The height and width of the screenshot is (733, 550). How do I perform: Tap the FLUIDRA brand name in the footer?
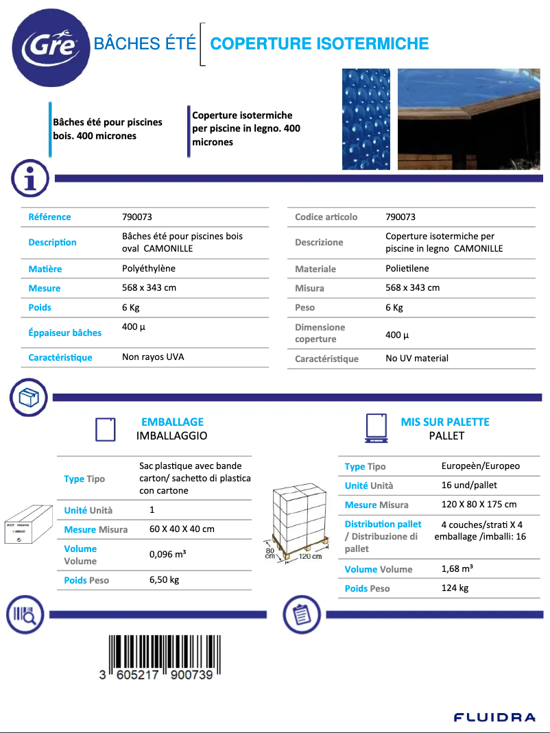pyautogui.click(x=494, y=717)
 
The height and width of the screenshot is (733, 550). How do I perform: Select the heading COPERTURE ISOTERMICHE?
pyautogui.click(x=319, y=44)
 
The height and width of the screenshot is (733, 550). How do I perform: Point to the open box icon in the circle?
pyautogui.click(x=28, y=397)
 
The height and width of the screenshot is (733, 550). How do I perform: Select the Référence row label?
pyautogui.click(x=49, y=217)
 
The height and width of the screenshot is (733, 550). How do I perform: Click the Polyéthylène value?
pyautogui.click(x=149, y=269)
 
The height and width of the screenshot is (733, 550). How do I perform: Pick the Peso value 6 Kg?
pyautogui.click(x=394, y=307)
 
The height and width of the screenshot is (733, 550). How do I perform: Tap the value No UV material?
pyautogui.click(x=417, y=358)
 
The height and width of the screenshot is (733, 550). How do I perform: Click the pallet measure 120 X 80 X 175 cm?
pyautogui.click(x=479, y=505)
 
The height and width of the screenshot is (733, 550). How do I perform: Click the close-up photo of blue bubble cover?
pyautogui.click(x=366, y=119)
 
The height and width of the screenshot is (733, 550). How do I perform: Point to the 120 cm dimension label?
pyautogui.click(x=310, y=557)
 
